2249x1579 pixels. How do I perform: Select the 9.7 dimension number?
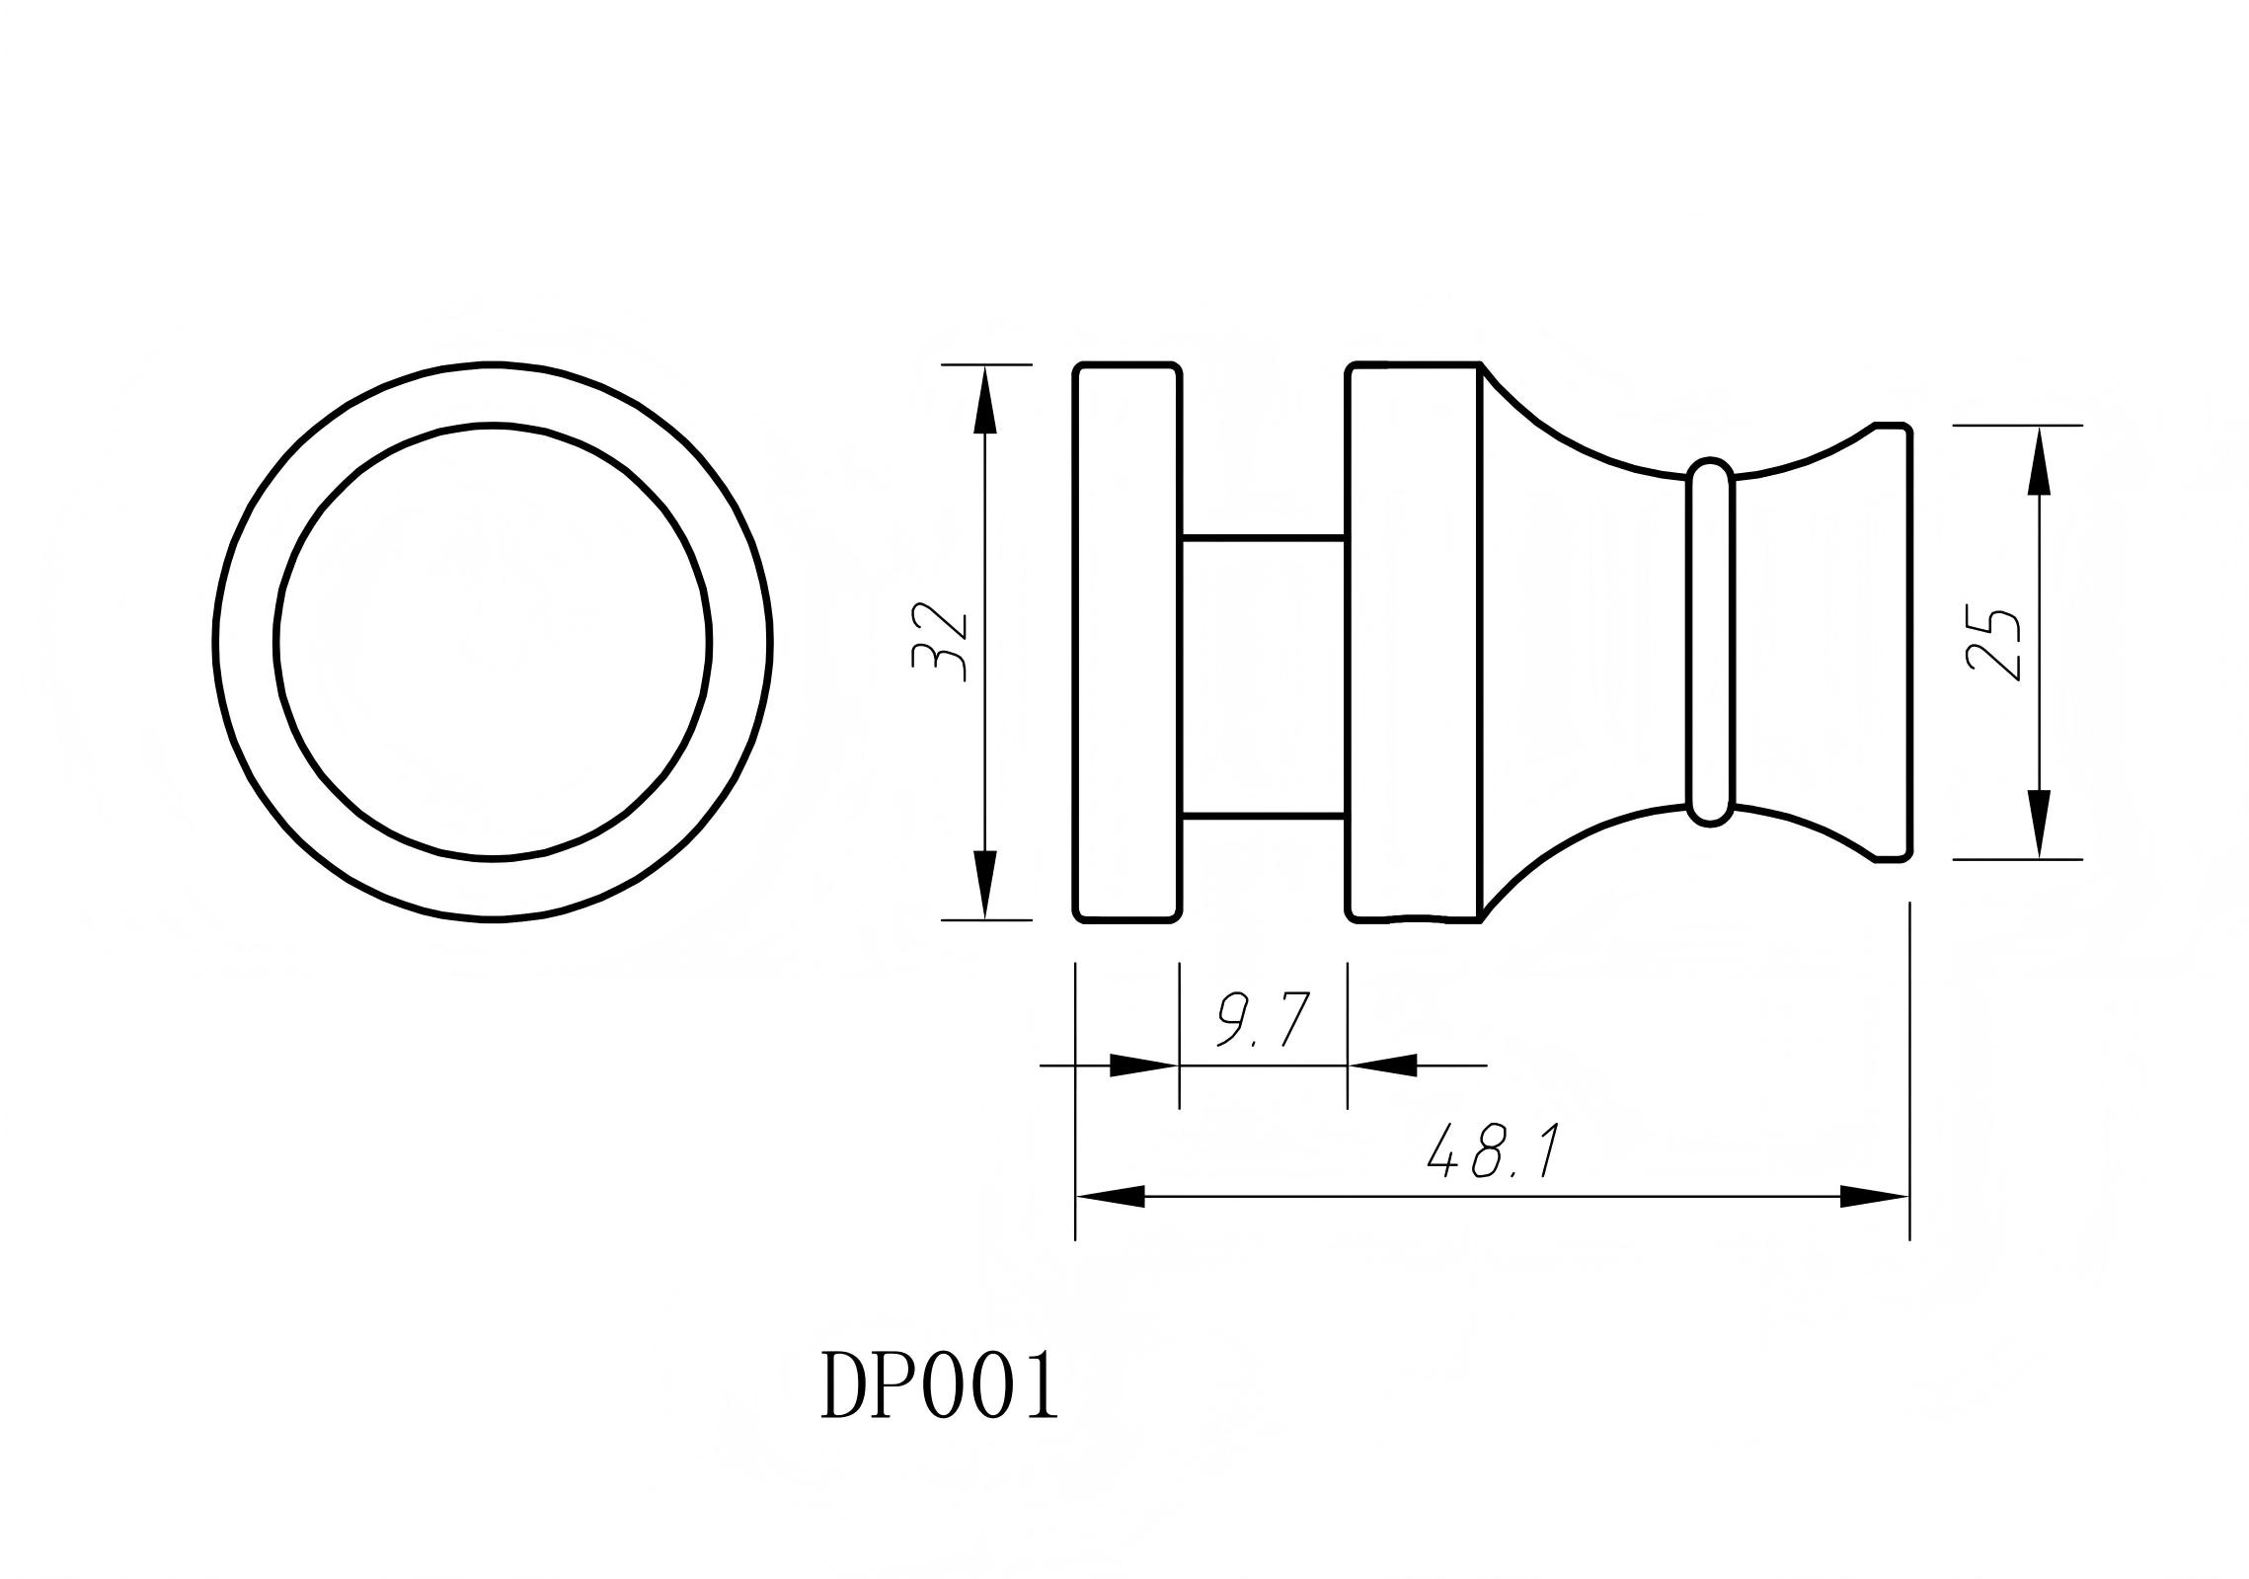pos(1263,1021)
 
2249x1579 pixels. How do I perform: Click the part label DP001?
pos(938,1386)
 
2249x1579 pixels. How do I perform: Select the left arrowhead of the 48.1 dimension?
pos(1111,1197)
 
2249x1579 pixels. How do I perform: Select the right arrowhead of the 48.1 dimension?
pos(1874,1197)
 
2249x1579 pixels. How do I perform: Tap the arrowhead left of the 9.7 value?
pos(1143,1066)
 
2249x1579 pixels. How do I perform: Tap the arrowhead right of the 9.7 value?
pos(1382,1066)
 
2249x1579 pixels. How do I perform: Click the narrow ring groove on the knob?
pos(1710,642)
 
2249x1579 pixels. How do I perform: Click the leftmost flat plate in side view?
pos(1127,642)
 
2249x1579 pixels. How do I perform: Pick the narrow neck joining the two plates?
pos(1263,677)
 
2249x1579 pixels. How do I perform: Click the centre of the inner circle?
pos(493,643)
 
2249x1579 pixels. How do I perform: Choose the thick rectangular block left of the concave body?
pos(1414,642)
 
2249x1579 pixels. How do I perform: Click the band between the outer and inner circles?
pos(246,643)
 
